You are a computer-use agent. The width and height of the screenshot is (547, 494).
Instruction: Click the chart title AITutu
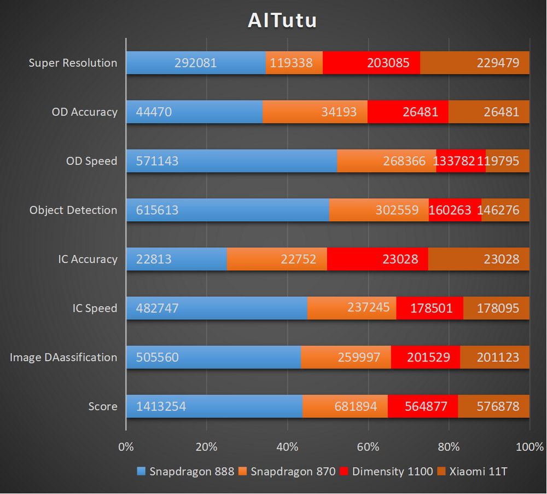click(x=282, y=20)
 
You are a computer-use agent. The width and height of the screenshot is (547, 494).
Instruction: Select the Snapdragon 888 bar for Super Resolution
click(x=196, y=63)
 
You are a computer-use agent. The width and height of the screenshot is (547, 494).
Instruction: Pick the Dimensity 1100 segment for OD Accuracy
click(x=408, y=112)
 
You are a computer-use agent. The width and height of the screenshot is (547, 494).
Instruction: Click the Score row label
click(x=103, y=406)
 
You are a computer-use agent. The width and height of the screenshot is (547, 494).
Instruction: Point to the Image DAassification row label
click(x=63, y=357)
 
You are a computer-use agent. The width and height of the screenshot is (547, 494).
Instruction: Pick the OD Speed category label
click(x=92, y=161)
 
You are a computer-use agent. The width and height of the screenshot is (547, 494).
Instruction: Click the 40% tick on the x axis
click(x=288, y=446)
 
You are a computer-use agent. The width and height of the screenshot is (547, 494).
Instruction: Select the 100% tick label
click(x=529, y=446)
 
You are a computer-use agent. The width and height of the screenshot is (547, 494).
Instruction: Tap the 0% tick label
click(x=126, y=446)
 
